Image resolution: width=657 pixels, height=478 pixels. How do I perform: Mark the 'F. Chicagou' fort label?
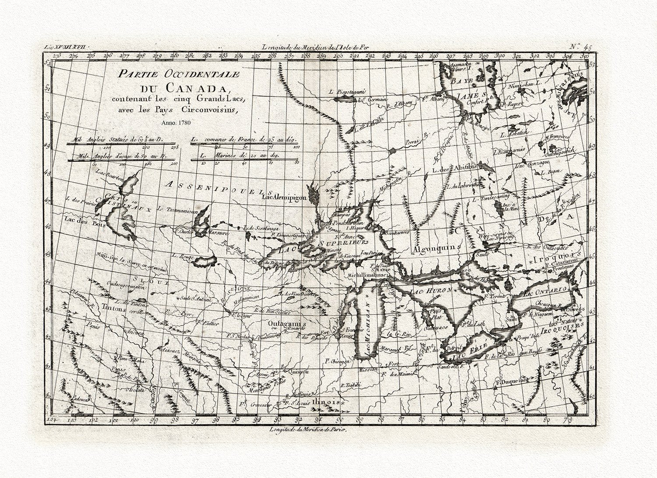click(337, 361)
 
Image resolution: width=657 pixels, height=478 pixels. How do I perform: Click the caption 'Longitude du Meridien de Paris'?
click(308, 429)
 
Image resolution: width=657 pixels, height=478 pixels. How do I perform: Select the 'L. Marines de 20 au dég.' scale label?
click(240, 155)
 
